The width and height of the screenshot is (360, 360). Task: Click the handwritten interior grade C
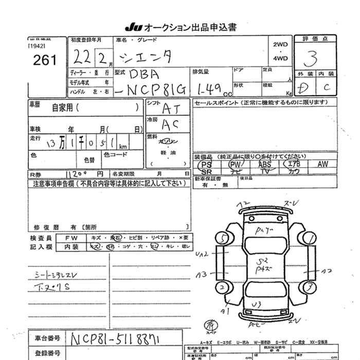327,88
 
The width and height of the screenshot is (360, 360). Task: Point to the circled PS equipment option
207,164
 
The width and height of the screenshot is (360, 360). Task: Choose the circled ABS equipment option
264,164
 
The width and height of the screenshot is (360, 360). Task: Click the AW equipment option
322,164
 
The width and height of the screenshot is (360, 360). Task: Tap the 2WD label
281,44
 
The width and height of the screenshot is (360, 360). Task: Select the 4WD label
281,58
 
